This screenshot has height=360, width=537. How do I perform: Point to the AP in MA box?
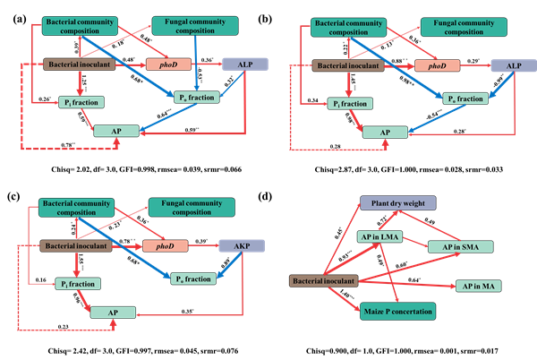(x=477, y=285)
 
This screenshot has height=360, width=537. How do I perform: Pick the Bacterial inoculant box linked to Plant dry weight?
(x=323, y=281)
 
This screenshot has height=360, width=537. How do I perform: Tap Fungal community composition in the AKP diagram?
(x=189, y=208)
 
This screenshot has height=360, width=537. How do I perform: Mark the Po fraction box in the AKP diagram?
(x=194, y=279)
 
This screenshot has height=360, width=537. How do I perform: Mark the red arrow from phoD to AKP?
(x=204, y=245)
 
